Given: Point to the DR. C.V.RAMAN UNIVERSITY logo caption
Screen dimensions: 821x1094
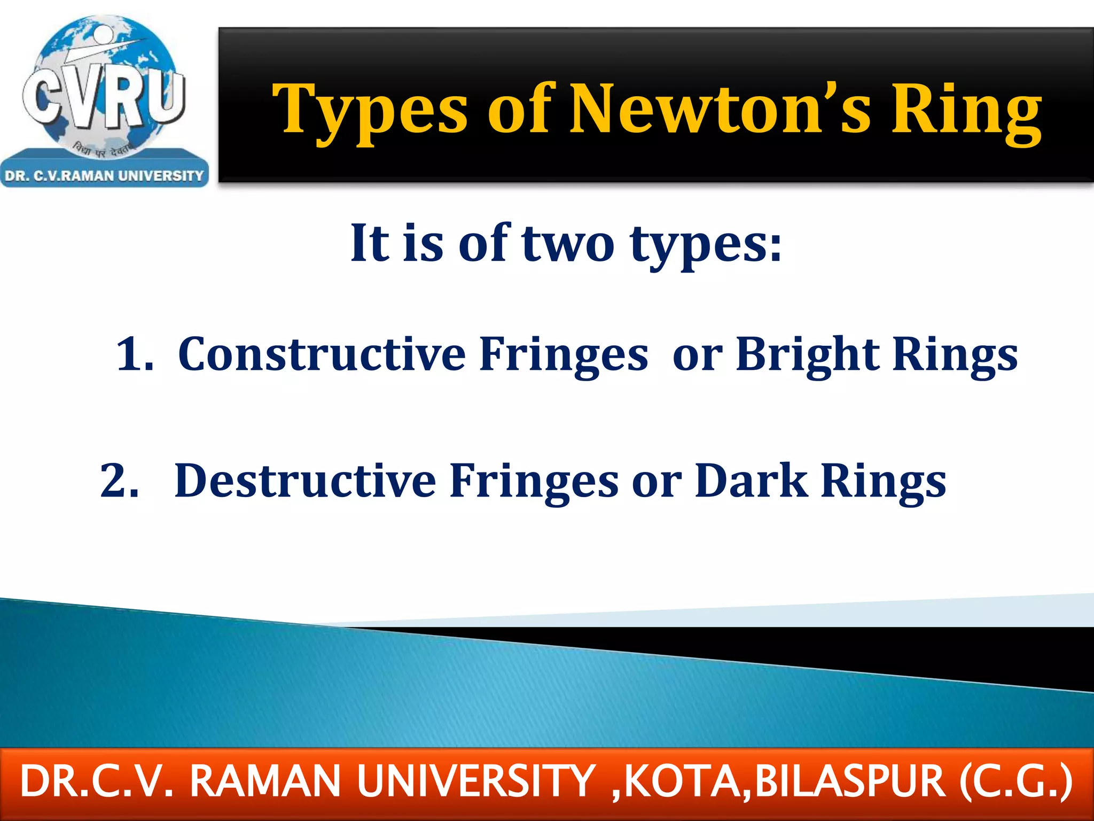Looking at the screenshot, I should [x=104, y=176].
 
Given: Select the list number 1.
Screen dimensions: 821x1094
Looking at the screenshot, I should [x=134, y=354].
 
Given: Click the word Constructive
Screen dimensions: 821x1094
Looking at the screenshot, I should [x=322, y=354].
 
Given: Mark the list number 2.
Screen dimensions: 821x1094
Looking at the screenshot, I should [x=119, y=481].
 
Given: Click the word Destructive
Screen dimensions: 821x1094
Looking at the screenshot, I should [x=305, y=481].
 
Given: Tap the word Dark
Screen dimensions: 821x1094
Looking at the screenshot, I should [x=751, y=481].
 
